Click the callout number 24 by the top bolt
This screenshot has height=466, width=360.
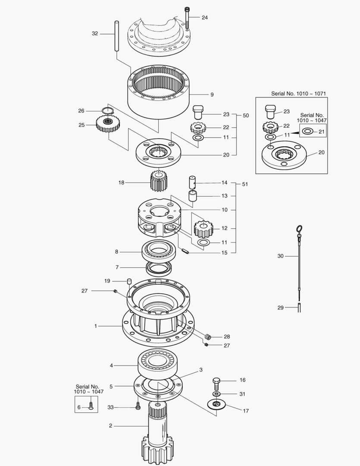coord(204,18)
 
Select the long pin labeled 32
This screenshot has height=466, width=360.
coord(116,36)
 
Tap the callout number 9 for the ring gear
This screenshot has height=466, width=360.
coord(212,94)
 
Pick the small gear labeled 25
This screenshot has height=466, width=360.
coord(107,126)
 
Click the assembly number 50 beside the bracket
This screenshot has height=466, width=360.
coord(246,116)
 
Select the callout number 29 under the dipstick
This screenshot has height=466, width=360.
coord(280,308)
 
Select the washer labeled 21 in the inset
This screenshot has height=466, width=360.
coord(308,131)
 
